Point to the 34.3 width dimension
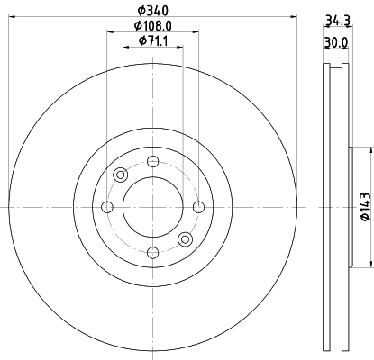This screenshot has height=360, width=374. [336, 19]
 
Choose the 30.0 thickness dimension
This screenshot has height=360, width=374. [336, 42]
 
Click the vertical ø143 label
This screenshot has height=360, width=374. [363, 206]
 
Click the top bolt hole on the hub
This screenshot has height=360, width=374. [152, 162]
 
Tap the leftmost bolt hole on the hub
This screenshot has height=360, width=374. [107, 208]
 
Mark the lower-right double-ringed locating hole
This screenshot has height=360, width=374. [185, 238]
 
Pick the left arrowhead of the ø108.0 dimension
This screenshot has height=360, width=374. [111, 33]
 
